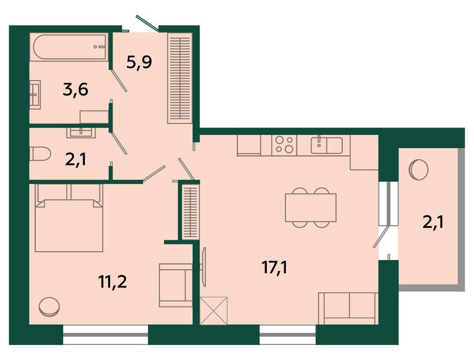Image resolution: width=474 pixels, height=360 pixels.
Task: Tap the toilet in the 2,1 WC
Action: [40, 154]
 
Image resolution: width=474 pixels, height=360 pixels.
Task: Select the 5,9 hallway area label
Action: [139, 62]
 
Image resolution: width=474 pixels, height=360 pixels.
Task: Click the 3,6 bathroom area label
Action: [75, 90]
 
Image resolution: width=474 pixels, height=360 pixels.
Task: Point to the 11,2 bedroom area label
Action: [112, 282]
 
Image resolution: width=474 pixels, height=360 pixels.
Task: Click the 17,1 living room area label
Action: [274, 268]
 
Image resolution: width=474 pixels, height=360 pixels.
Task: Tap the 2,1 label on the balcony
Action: [433, 223]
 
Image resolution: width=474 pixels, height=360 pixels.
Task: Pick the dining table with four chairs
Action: [311, 208]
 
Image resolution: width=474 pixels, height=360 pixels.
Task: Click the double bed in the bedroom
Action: [69, 218]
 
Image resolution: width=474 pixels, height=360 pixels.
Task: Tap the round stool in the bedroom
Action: [49, 307]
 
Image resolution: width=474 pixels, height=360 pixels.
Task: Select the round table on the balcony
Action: [418, 170]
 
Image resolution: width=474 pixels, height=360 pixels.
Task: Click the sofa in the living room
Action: [348, 308]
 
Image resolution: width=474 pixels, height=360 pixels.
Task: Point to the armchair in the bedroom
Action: [176, 285]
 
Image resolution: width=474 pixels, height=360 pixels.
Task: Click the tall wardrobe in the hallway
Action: [180, 78]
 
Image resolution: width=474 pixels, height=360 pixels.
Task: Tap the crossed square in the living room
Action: [214, 311]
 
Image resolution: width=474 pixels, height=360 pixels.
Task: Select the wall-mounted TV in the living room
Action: [204, 267]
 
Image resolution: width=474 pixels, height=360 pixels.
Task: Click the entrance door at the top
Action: [147, 23]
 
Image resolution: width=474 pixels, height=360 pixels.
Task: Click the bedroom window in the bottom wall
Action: [105, 335]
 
